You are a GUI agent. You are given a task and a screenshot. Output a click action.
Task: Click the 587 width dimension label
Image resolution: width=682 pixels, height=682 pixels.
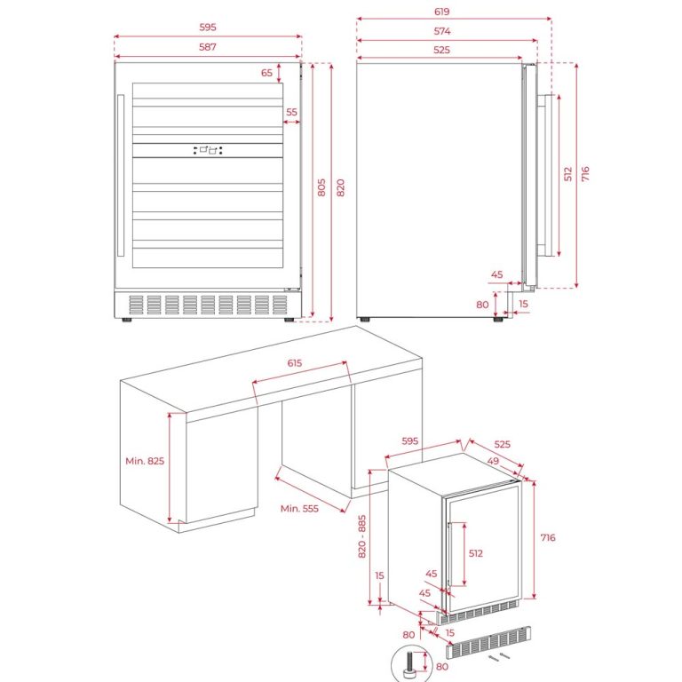pyautogui.click(x=208, y=46)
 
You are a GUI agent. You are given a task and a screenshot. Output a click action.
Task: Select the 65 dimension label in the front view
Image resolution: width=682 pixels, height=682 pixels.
pyautogui.click(x=267, y=73)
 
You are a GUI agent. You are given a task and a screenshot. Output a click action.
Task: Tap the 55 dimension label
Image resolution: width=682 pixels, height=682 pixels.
pyautogui.click(x=291, y=113)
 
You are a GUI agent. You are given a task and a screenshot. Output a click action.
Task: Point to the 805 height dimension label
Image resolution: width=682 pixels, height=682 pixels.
pyautogui.click(x=321, y=187)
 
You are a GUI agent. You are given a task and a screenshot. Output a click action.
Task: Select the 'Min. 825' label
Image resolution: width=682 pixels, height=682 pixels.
pyautogui.click(x=145, y=461)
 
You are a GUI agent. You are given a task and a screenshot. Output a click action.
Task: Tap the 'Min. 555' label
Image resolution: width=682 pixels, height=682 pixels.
pyautogui.click(x=300, y=508)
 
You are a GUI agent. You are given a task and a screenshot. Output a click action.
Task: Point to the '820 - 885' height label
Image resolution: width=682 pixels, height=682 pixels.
pyautogui.click(x=361, y=536)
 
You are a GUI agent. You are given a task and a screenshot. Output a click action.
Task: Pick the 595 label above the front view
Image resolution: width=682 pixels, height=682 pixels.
pyautogui.click(x=208, y=28)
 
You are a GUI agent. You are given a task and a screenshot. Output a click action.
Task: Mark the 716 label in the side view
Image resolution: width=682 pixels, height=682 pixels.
pyautogui.click(x=585, y=174)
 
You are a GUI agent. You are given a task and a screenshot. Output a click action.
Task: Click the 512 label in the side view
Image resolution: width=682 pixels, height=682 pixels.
pyautogui.click(x=568, y=174)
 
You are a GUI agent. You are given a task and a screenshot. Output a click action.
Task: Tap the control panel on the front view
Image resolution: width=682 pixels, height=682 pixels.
pyautogui.click(x=208, y=150)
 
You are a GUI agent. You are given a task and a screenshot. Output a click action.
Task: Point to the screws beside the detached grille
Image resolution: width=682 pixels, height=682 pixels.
pyautogui.click(x=496, y=657)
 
